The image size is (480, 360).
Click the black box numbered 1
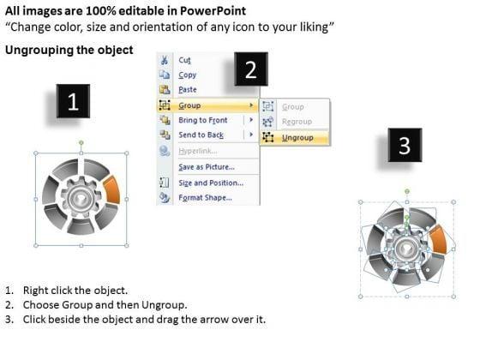pos(73,101)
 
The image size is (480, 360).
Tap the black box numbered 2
pos(251,69)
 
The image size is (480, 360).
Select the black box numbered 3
pos(405,145)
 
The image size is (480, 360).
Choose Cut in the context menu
pos(184,60)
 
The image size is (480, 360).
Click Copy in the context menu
pos(188,75)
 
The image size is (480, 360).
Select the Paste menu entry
pos(188,90)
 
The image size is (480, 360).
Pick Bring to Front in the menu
pos(203,120)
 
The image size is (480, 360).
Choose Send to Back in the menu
pos(201,135)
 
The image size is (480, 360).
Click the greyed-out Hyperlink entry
pos(198,151)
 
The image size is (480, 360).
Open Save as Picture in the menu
pos(207,167)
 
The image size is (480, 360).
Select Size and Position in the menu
pos(211,183)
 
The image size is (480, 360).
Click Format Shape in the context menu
pos(205,197)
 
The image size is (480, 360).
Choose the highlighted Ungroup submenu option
pos(297,138)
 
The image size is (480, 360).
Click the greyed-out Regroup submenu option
pos(297,122)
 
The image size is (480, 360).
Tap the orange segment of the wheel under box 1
pos(112,189)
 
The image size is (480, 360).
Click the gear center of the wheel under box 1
pos(81,198)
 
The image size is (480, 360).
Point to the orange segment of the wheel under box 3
pos(438,240)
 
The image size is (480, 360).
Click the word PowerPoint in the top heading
pos(213,11)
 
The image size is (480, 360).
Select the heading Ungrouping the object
pos(69,50)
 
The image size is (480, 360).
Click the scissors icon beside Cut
pos(165,60)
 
